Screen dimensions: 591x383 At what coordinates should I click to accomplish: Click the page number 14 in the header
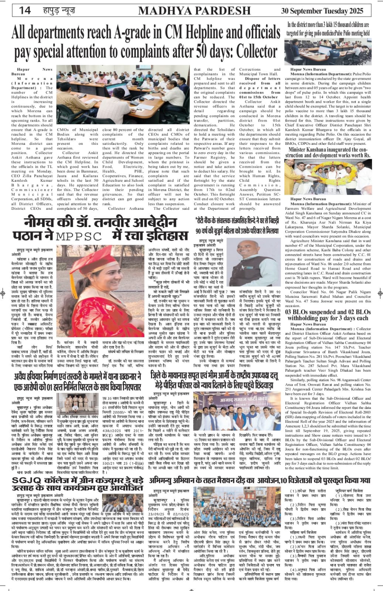coord(25,10)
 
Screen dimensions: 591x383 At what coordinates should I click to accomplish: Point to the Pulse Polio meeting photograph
coord(328,52)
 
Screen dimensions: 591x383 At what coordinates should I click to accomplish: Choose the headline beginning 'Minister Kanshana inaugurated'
coord(328,152)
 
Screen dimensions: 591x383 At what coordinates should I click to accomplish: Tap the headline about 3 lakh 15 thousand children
coord(328,28)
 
